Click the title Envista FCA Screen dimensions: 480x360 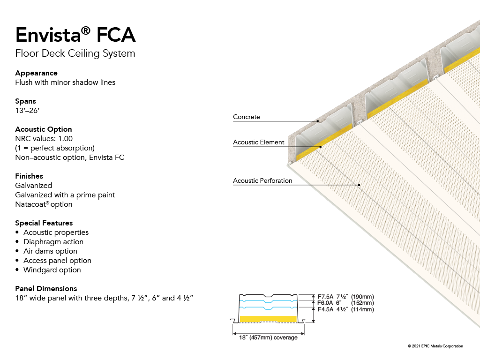coord(75,35)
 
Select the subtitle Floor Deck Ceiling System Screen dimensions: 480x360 coord(75,53)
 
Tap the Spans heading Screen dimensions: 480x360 coord(25,101)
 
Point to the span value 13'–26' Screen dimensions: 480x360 coord(27,111)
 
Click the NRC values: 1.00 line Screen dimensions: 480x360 coord(44,139)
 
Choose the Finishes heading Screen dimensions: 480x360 coord(29,176)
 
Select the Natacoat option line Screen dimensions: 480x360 coord(44,204)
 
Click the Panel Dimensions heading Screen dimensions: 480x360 coord(46,289)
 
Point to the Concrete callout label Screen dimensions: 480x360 coord(247,117)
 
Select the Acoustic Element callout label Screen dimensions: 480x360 coord(259,142)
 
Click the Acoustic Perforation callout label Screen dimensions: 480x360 coord(262,180)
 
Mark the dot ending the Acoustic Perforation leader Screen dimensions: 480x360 coord(359,185)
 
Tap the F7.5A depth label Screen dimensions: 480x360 coord(325,297)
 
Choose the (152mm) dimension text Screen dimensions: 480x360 coord(362,303)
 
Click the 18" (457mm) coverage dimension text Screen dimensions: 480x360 coord(268,337)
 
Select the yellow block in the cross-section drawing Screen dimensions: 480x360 coord(268,319)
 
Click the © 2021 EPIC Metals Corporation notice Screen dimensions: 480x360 coord(435,346)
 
